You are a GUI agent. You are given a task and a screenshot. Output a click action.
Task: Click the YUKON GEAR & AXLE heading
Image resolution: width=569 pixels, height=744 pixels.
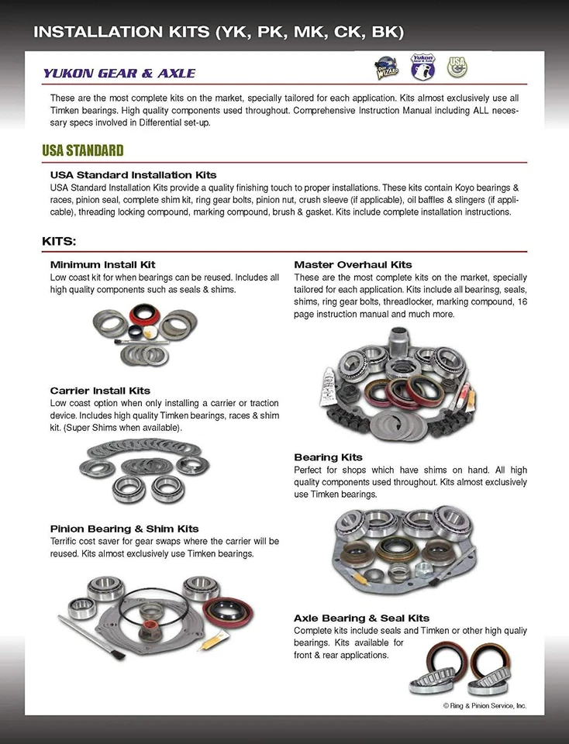click(x=119, y=74)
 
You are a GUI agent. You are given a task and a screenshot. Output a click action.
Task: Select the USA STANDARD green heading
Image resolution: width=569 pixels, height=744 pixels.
click(x=82, y=150)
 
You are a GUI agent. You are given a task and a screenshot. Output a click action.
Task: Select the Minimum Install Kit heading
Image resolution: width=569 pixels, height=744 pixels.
click(x=102, y=265)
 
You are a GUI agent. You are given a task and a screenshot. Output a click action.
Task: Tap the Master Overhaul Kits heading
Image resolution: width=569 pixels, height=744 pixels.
click(x=353, y=265)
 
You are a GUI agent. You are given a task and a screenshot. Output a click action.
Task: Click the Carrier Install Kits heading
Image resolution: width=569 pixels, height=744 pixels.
click(x=100, y=391)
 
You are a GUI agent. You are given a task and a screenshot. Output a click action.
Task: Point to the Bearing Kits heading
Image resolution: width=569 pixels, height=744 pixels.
click(x=328, y=457)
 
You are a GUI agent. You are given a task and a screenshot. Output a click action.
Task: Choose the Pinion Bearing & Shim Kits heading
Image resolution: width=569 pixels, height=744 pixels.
click(x=124, y=529)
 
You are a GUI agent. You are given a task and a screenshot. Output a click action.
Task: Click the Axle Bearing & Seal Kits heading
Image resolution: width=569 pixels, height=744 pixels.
click(x=361, y=618)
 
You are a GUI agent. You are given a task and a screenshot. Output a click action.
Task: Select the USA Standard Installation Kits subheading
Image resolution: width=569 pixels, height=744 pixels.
click(x=133, y=175)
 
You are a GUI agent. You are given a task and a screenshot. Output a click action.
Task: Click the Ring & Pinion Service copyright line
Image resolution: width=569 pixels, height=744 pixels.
click(x=484, y=706)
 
